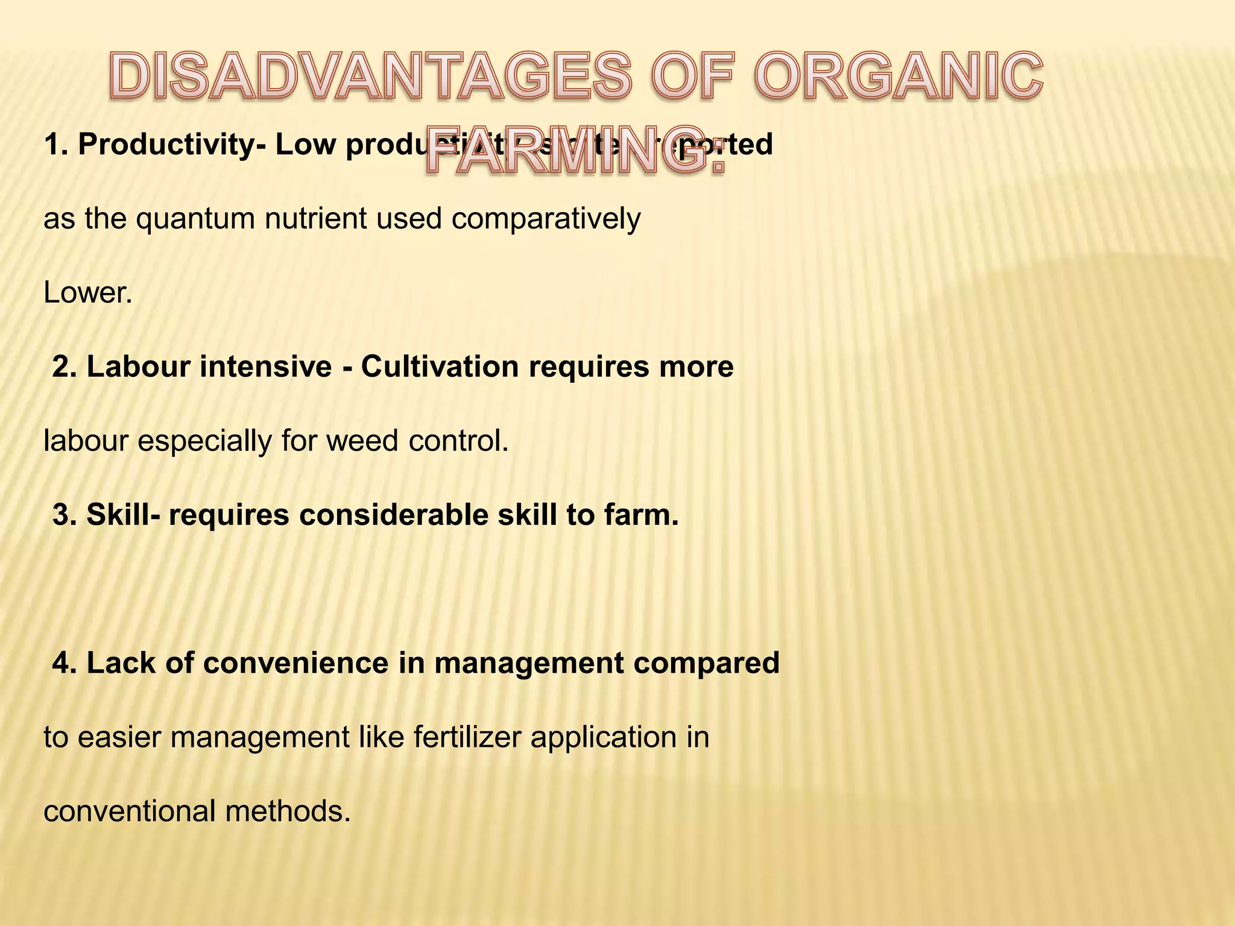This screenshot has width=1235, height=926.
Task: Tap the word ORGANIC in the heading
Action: (898, 77)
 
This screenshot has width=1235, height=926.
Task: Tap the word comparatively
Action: (545, 219)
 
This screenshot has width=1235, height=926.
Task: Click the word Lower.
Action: (88, 293)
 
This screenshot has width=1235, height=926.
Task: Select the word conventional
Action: (130, 811)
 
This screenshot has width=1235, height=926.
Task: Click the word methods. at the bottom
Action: (288, 811)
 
